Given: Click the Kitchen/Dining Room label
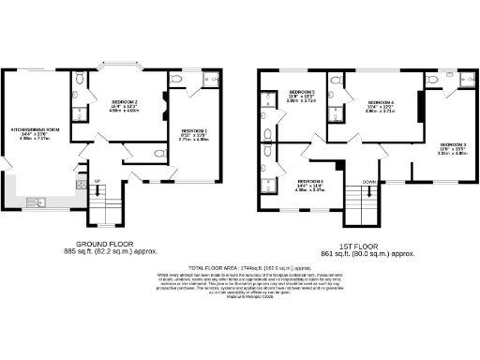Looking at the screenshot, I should coord(36,128).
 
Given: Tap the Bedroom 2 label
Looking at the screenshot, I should coord(125,101).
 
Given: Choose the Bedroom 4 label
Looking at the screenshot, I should coord(380,101).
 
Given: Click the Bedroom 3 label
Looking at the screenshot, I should coord(452,143).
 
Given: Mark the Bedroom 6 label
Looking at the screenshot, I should coord(310,181).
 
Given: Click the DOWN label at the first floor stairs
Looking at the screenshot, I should coord(369,182).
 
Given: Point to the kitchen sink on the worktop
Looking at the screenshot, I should coord(38,201).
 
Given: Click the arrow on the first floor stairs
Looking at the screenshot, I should coord(369,191).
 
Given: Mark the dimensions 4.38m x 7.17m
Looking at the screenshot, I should coord(36,140).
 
